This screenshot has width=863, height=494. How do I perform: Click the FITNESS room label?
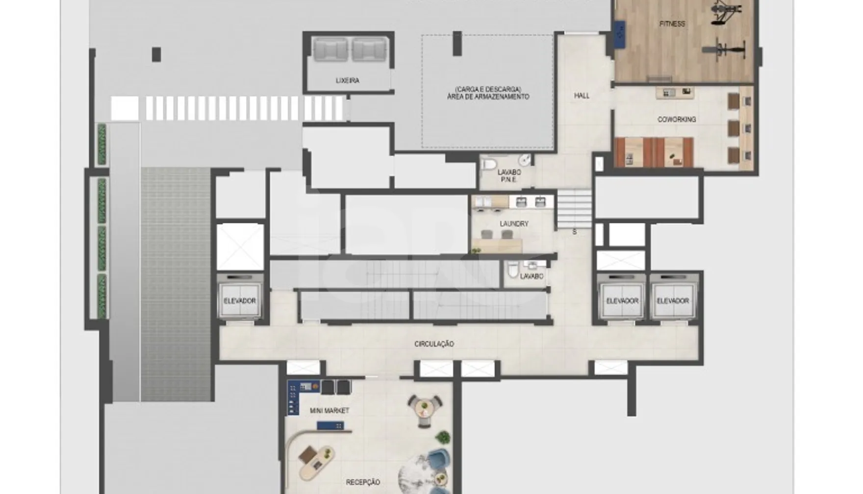tap(672, 24)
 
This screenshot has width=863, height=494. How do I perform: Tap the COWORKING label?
tap(677, 119)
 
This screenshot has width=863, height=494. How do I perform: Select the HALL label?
tap(582, 96)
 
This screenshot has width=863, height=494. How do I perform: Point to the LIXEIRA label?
tap(347, 80)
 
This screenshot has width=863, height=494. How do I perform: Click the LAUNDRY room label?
tap(514, 223)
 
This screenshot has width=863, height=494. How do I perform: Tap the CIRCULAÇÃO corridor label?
tap(434, 344)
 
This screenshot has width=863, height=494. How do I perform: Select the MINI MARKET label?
tap(330, 410)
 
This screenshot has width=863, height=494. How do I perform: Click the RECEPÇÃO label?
tap(363, 482)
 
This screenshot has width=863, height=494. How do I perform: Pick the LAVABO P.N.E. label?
tap(509, 176)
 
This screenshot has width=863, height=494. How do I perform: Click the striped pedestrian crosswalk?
tap(227, 108)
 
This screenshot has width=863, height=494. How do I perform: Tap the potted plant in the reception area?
tap(443, 437)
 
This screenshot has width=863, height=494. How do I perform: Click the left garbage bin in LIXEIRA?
tap(330, 49)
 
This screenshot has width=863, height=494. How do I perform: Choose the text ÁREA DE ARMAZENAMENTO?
tap(488, 97)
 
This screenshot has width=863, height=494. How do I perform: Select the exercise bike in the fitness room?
tap(724, 49)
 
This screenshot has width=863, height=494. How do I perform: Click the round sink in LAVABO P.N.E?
tap(525, 160)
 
